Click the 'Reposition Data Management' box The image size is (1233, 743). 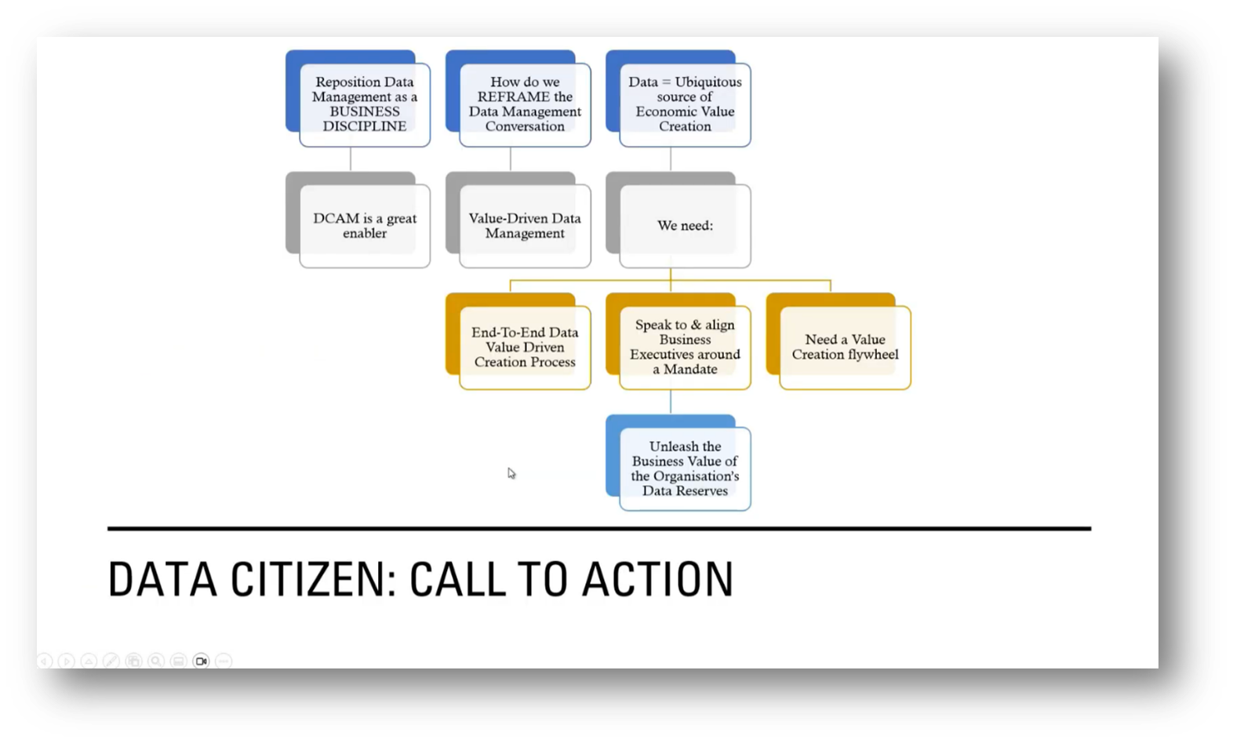pos(364,104)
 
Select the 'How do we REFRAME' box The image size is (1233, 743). pos(525,104)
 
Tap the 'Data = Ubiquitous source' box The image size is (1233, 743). pos(685,104)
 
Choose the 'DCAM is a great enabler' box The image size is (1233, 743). pos(364,225)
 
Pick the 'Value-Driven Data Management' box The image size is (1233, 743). pos(525,225)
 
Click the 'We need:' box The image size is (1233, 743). pos(685,225)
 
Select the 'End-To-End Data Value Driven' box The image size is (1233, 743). pos(525,347)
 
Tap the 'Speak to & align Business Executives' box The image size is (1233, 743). pos(685,347)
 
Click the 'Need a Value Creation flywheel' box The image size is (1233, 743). pos(845,347)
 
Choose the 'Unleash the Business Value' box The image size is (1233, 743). pos(685,468)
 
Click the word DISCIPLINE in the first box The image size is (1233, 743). pos(364,126)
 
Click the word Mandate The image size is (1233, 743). pos(690,370)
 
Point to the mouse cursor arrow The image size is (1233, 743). pos(511,472)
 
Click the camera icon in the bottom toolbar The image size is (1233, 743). pos(201,661)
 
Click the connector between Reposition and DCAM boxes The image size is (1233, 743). pos(351,159)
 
